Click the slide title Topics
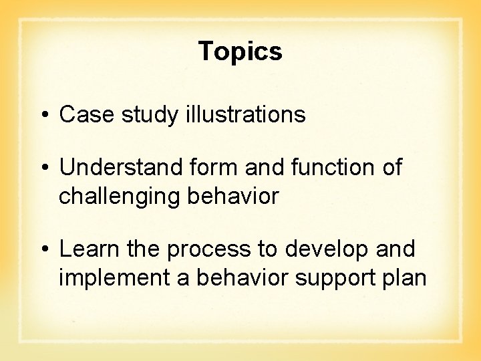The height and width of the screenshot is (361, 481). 240,51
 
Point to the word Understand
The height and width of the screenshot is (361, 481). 119,168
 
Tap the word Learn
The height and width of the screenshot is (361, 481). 87,249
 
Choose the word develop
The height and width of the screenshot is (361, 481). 327,250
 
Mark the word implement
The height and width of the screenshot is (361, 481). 115,278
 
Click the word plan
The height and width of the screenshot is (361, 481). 404,278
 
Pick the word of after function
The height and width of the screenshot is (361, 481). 391,168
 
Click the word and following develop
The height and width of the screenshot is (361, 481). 395,249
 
